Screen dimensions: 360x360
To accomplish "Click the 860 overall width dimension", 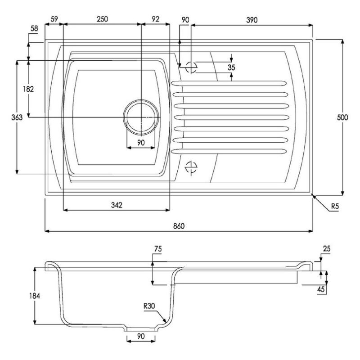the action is (x=179, y=226).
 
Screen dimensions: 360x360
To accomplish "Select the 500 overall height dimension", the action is (x=342, y=117).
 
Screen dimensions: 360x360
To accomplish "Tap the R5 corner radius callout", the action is (x=335, y=206).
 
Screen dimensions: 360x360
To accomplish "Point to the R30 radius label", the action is (x=149, y=306).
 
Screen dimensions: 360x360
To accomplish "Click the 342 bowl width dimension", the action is (x=117, y=205).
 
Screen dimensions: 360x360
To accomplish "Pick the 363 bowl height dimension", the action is (x=17, y=117).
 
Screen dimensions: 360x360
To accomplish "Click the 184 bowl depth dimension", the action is (x=35, y=296).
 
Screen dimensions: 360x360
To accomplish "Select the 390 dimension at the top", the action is (x=252, y=20).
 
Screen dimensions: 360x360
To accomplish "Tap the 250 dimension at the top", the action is (x=102, y=19).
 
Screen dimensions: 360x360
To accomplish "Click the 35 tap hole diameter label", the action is (x=231, y=67).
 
